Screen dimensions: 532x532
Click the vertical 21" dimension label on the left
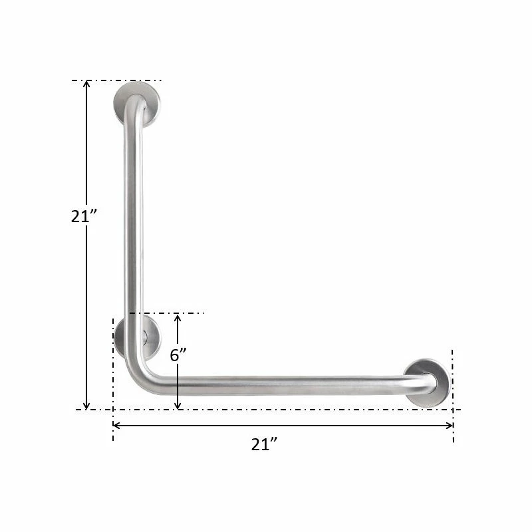point(84,216)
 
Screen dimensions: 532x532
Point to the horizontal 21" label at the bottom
point(264,445)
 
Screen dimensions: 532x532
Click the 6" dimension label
point(178,355)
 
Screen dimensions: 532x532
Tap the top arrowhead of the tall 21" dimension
point(86,85)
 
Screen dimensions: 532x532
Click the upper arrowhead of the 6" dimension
point(178,319)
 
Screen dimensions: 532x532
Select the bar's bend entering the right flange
point(426,382)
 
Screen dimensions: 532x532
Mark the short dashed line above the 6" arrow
point(173,313)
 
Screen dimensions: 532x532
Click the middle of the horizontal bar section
point(279,386)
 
